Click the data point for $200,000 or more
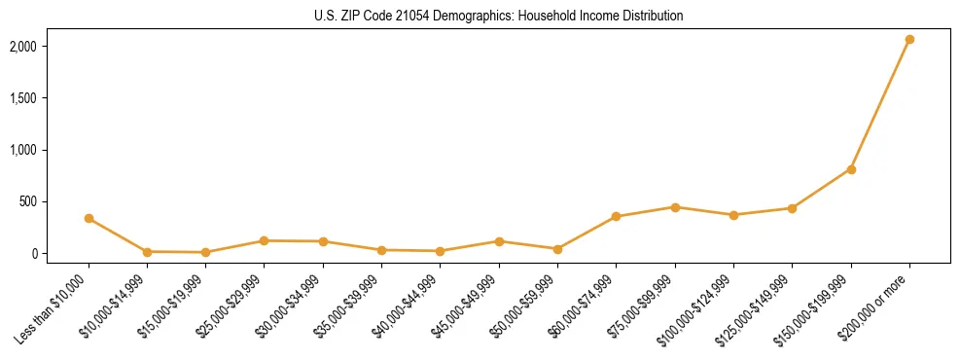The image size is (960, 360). [909, 40]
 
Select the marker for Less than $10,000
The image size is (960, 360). [89, 219]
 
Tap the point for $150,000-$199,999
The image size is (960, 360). [851, 169]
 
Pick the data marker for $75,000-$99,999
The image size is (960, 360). [675, 207]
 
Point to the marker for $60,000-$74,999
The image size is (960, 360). [616, 216]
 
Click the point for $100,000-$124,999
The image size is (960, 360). [733, 215]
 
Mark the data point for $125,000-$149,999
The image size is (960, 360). [792, 208]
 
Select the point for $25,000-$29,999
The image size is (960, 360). [264, 240]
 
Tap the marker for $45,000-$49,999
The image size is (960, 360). [499, 241]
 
